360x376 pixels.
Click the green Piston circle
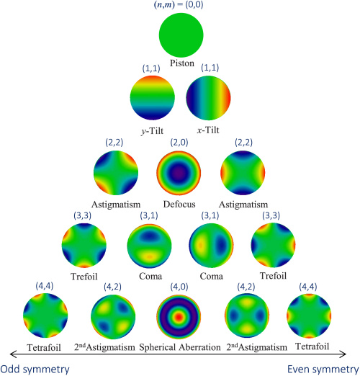click(x=181, y=35)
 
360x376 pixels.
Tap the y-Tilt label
click(x=152, y=131)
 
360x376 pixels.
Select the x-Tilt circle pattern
click(x=208, y=98)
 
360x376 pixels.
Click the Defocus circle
click(x=179, y=173)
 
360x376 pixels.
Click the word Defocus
click(x=179, y=205)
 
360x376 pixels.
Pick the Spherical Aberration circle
click(x=179, y=317)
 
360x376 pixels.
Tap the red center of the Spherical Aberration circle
click(x=179, y=317)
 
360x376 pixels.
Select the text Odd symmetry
click(x=35, y=370)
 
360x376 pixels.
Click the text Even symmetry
click(x=323, y=370)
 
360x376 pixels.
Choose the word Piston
click(x=182, y=63)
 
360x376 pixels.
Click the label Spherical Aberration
click(x=180, y=347)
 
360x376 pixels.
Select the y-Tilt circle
click(x=153, y=98)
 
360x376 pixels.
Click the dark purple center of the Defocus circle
click(x=179, y=172)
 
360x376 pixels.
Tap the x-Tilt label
click(x=208, y=130)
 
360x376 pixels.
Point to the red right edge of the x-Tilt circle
click(x=228, y=98)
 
